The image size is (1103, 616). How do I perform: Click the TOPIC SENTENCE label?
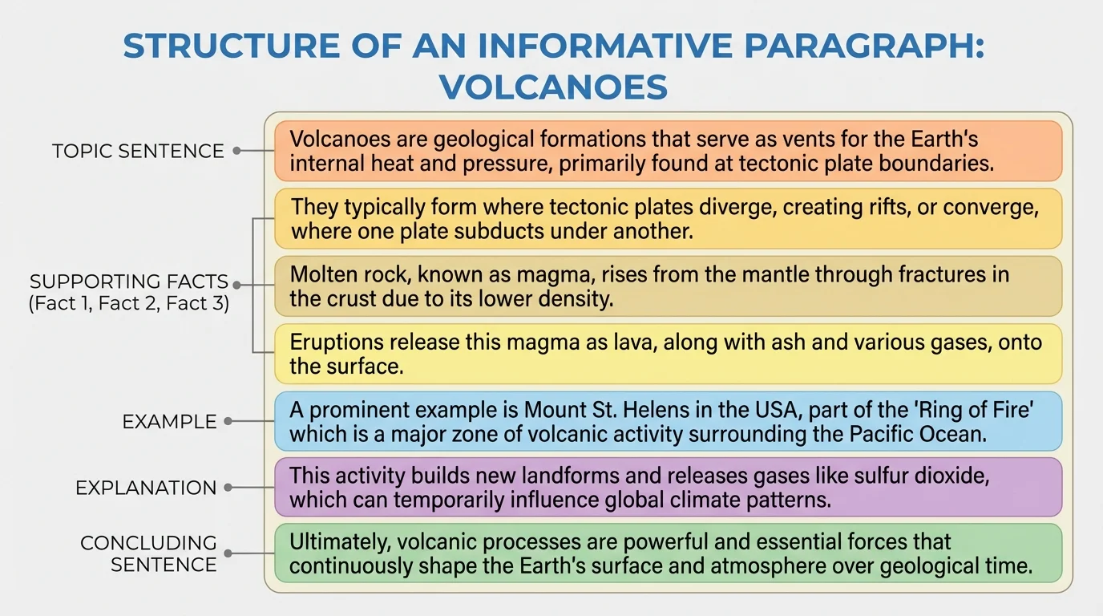pos(138,151)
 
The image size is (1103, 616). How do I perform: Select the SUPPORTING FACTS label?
pos(129,282)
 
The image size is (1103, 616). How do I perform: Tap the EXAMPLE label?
pos(169,422)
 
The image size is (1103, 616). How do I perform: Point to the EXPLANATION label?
pos(146,488)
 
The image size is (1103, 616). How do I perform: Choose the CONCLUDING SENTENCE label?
pos(148,553)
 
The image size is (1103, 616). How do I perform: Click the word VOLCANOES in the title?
pos(553,87)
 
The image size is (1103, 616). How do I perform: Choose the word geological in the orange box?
pos(483,140)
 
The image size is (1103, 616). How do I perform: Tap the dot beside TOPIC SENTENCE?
pos(237,150)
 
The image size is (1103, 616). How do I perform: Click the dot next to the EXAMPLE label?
pos(228,421)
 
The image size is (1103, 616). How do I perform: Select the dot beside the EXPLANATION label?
pos(228,487)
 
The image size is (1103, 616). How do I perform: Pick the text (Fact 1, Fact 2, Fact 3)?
pos(129,305)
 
